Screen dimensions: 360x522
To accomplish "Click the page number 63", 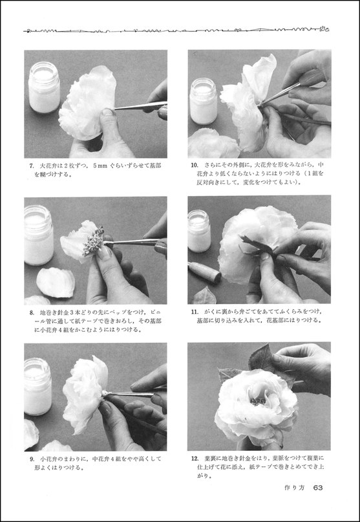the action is pyautogui.click(x=318, y=488).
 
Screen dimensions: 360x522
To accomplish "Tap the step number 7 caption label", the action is pyautogui.click(x=32, y=166).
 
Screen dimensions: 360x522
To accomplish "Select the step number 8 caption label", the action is pyautogui.click(x=32, y=312).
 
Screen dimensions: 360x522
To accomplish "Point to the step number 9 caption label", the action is pyautogui.click(x=32, y=459).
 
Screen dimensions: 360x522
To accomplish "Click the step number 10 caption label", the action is pyautogui.click(x=195, y=165).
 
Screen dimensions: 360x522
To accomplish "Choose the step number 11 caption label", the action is pyautogui.click(x=195, y=312).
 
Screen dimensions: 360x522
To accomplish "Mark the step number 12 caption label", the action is pyautogui.click(x=195, y=459).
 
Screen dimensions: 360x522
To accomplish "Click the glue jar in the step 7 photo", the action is pyautogui.click(x=44, y=87).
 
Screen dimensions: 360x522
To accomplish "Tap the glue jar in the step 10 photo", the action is pyautogui.click(x=203, y=101).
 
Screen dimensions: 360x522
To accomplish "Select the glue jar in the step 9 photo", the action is pyautogui.click(x=37, y=386).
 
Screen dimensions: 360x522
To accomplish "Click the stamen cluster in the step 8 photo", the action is pyautogui.click(x=93, y=241).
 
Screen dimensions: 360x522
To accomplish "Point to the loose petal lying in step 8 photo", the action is pyautogui.click(x=55, y=282).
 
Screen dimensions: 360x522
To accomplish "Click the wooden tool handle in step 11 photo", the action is pyautogui.click(x=205, y=272).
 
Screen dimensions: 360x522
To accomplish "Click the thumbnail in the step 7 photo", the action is pyautogui.click(x=107, y=111).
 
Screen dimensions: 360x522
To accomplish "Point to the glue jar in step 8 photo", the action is pyautogui.click(x=39, y=235).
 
